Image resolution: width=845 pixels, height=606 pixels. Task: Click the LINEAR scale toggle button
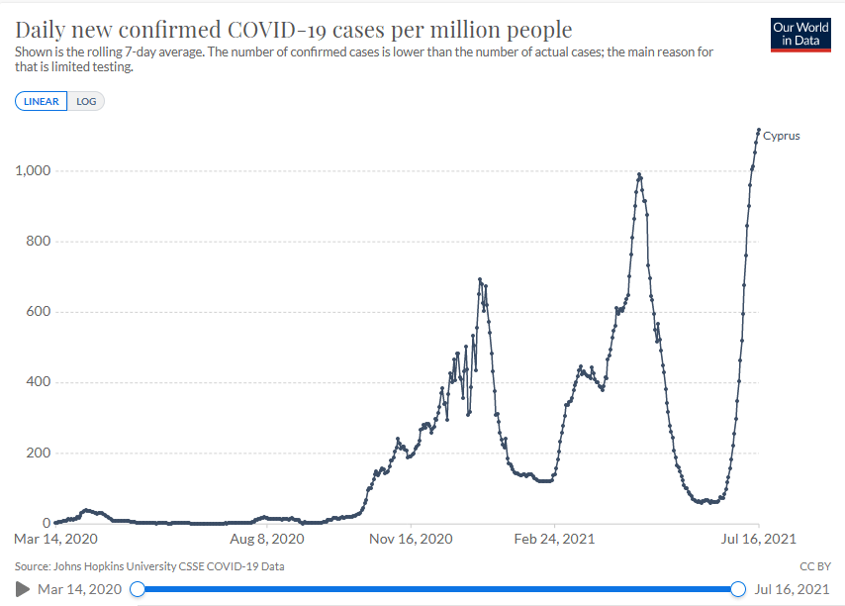pos(42,101)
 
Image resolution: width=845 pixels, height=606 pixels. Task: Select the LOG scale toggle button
pos(87,101)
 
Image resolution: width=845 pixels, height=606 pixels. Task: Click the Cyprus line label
pos(781,136)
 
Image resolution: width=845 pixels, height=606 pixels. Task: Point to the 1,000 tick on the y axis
pos(32,171)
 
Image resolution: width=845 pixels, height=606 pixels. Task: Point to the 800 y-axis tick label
pos(37,242)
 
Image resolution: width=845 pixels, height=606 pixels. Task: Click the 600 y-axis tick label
pos(37,312)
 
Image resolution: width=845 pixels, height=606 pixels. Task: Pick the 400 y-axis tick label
pos(37,382)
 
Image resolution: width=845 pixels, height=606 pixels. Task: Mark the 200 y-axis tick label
pos(37,454)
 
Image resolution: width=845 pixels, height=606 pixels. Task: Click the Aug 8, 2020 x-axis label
pos(268,540)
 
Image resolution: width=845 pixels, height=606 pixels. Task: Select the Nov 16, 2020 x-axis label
pos(412,540)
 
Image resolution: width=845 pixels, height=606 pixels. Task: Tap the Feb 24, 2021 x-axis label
pos(555,540)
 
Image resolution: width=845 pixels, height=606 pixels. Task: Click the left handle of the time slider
pos(138,589)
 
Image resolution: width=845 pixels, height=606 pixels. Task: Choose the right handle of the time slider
pos(737,589)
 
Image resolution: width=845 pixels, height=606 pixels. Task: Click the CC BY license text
pos(814,567)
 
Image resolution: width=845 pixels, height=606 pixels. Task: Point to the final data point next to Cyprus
pos(758,130)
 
